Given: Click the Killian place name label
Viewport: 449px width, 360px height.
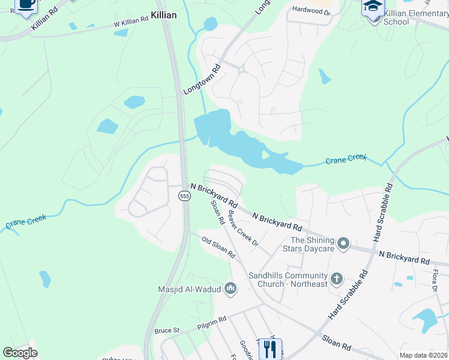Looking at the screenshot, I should (x=163, y=15).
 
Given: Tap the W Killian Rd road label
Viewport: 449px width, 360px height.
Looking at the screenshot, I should (x=131, y=20).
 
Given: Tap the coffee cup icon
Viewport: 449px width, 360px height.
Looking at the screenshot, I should (x=26, y=5).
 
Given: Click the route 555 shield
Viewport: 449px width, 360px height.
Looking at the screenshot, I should (x=184, y=196).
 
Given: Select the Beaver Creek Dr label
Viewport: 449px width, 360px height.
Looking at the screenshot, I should (x=243, y=230).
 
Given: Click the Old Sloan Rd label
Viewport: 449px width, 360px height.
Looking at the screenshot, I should (x=218, y=248).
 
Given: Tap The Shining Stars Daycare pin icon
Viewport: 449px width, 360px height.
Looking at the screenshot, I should (x=343, y=244).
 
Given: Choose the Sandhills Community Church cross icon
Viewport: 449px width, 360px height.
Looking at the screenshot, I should (x=337, y=278).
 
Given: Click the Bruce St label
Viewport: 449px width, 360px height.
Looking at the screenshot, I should (x=167, y=331).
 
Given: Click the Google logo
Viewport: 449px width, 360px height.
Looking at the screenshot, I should (x=20, y=353).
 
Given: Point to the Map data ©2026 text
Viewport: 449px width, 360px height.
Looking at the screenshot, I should (x=423, y=355).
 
